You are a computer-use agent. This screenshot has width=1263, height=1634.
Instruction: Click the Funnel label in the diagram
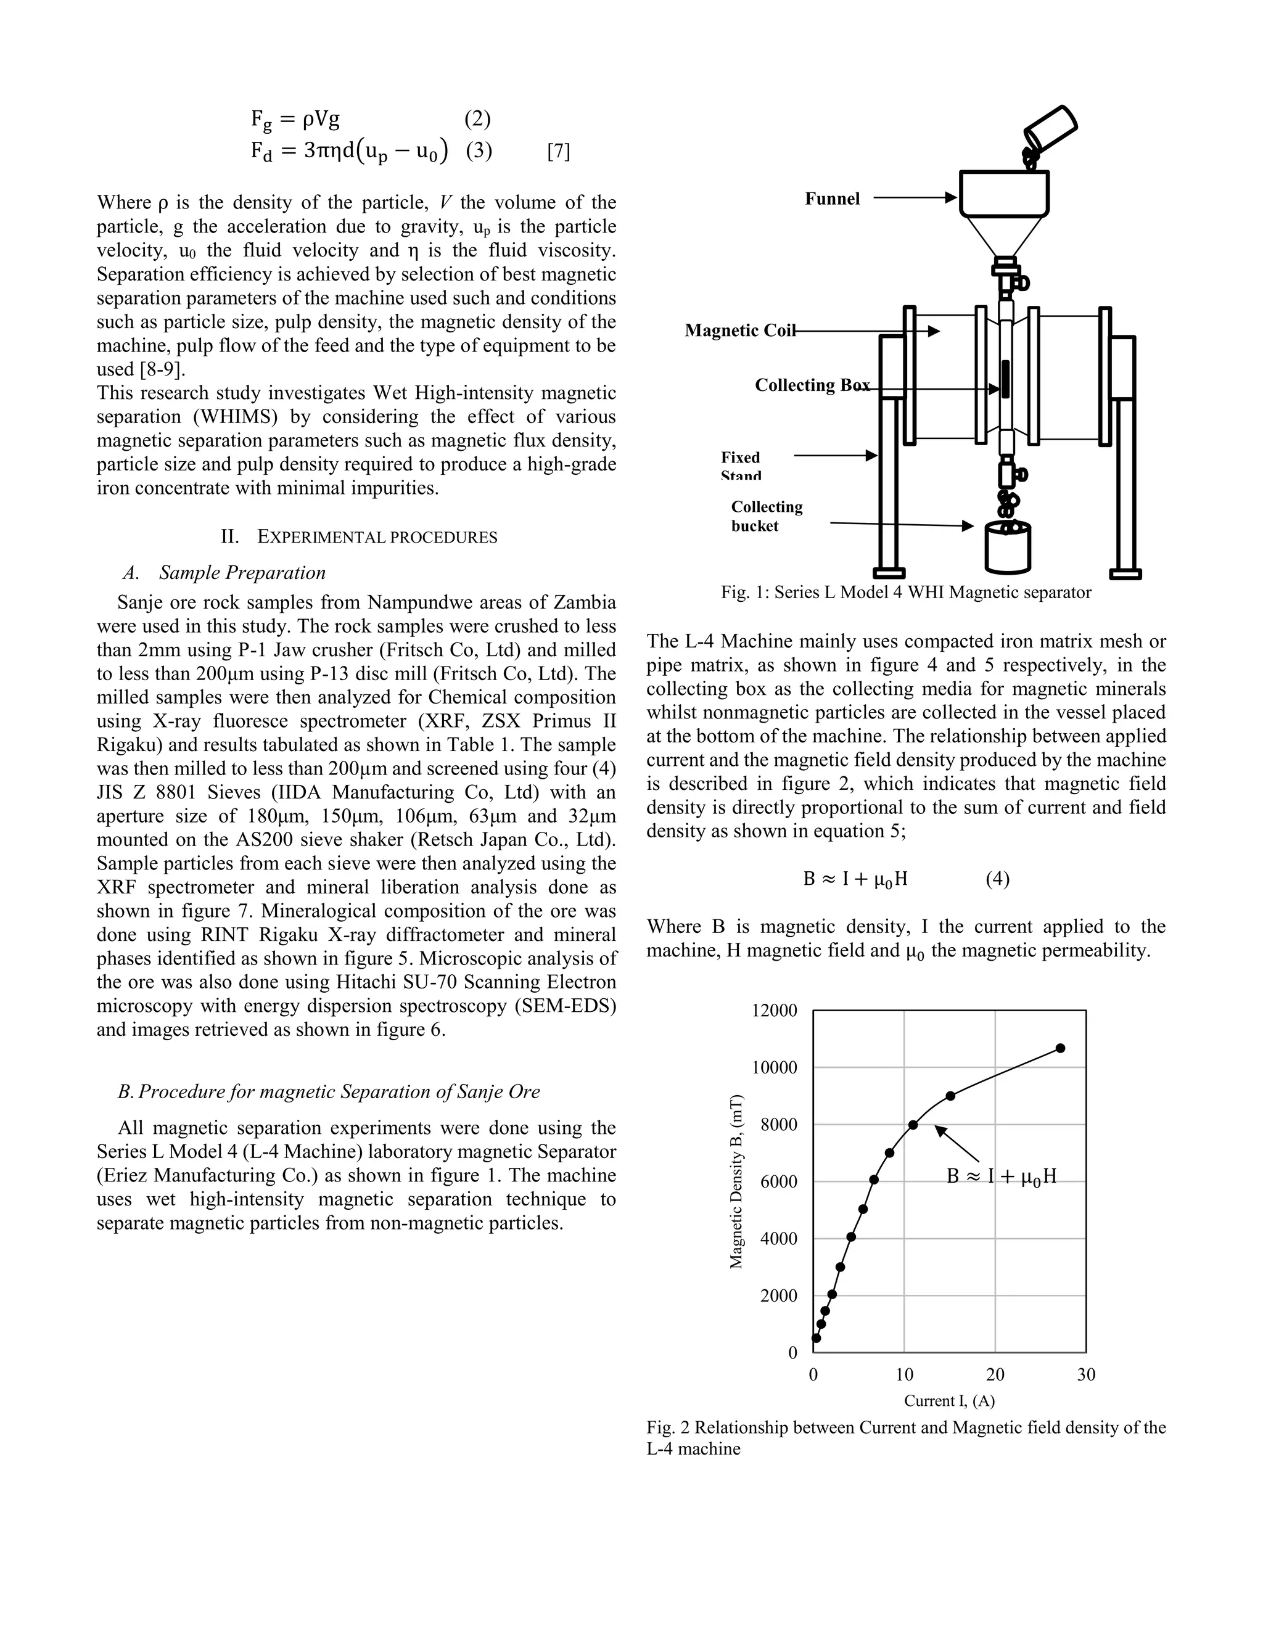click(832, 199)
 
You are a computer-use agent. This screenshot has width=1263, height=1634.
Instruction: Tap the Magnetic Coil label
click(739, 330)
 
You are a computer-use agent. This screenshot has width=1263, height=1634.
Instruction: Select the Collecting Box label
click(812, 385)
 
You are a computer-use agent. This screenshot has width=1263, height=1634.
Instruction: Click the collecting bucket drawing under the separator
click(1008, 547)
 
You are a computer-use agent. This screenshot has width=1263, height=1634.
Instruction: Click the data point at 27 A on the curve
click(1060, 1048)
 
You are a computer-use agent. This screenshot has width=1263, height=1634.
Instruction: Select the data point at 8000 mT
click(913, 1125)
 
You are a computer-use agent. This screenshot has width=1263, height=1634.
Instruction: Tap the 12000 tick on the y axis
click(775, 1011)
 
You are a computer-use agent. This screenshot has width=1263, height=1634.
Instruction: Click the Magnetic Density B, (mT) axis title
click(736, 1181)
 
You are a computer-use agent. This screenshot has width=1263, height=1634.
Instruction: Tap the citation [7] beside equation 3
click(558, 152)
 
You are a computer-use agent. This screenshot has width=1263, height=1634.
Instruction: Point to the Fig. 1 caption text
click(905, 593)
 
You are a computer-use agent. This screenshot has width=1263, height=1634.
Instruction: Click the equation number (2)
click(477, 118)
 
